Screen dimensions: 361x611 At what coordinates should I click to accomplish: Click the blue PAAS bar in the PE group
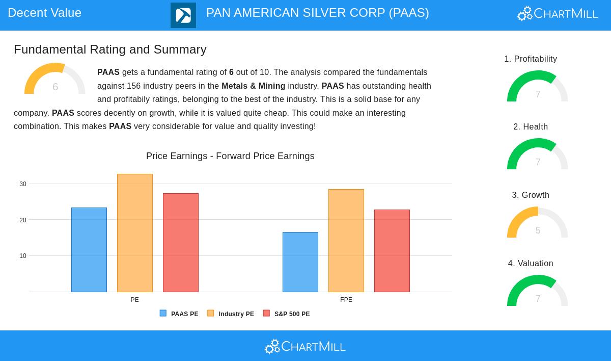click(89, 250)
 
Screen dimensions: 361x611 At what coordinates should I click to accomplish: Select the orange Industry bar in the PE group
click(135, 233)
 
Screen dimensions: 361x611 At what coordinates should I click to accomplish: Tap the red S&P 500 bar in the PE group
click(181, 243)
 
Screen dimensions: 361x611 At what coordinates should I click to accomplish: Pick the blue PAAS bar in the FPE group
click(300, 262)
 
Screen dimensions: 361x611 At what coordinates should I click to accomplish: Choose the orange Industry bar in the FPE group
click(346, 241)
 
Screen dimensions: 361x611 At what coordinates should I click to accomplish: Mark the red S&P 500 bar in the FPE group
click(392, 251)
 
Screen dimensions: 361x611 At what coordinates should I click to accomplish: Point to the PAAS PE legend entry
click(179, 314)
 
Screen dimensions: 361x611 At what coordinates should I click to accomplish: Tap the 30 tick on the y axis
click(23, 184)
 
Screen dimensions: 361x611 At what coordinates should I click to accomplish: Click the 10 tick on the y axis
click(23, 256)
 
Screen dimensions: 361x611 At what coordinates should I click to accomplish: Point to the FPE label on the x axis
click(346, 300)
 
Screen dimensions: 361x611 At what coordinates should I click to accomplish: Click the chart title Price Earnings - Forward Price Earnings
click(230, 156)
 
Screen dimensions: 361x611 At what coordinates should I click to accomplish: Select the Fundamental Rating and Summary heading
click(110, 49)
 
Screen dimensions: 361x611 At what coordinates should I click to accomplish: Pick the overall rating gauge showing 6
click(55, 80)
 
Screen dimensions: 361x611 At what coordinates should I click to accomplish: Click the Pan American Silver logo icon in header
click(183, 15)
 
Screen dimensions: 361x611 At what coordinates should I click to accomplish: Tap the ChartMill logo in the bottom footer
click(305, 346)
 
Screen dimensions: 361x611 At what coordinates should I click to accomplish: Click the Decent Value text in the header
click(45, 13)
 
